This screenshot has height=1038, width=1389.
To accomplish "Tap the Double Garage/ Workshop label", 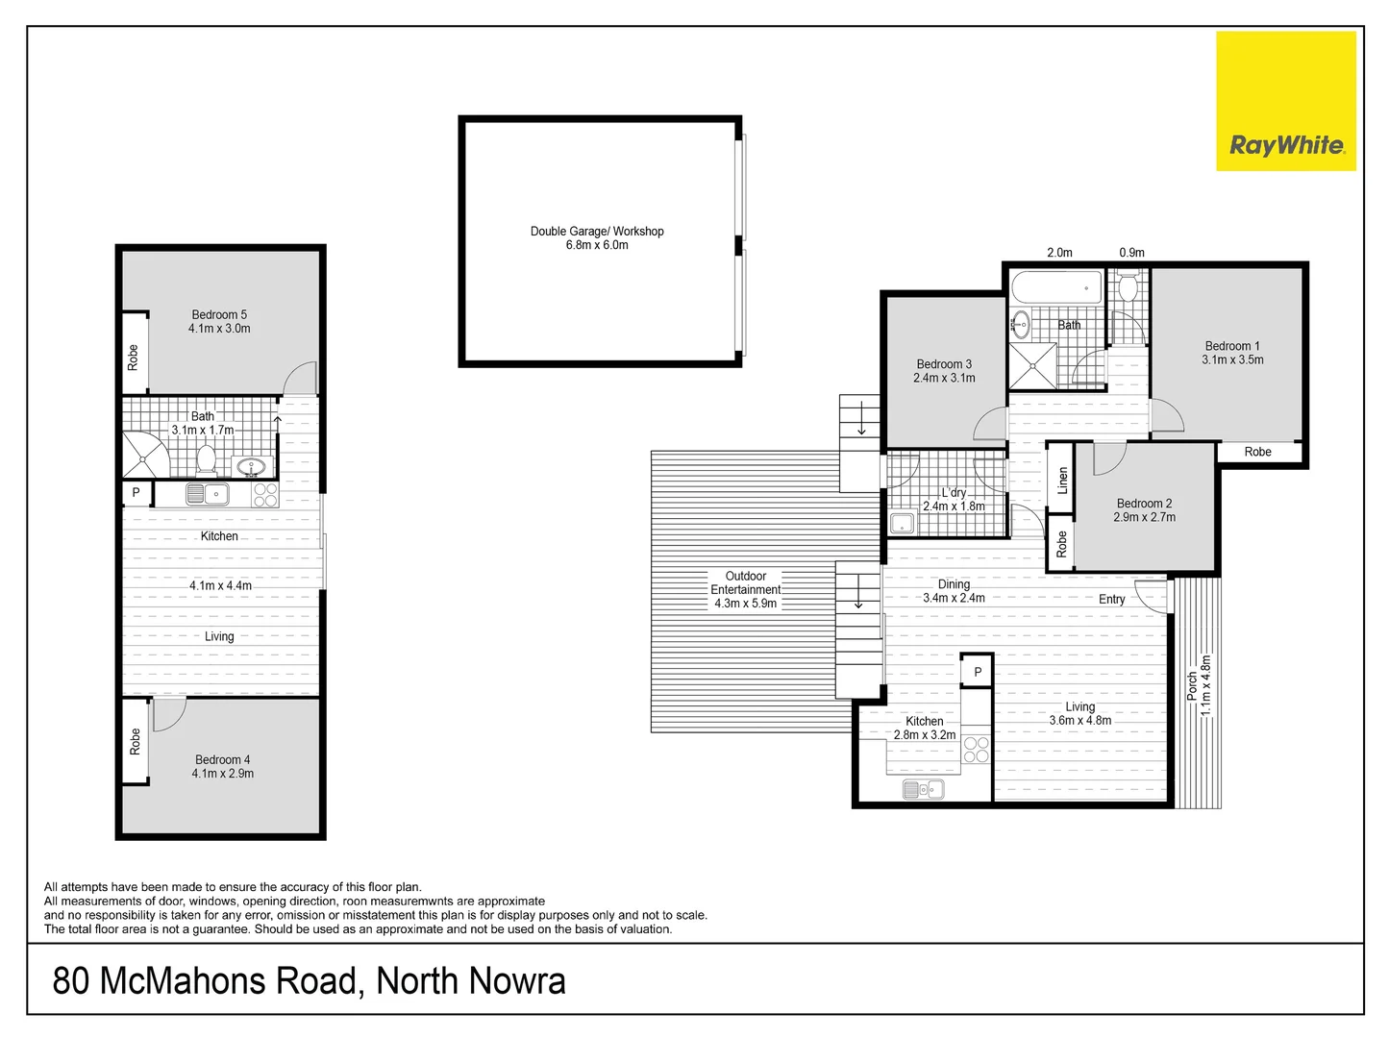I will (x=597, y=231).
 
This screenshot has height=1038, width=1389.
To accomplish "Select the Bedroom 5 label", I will (x=219, y=314).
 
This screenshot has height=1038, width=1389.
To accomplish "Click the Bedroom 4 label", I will (x=222, y=759).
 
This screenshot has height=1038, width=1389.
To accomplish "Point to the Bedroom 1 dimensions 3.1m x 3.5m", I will (x=1232, y=360).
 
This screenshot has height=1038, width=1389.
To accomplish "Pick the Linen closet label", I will (x=1062, y=480).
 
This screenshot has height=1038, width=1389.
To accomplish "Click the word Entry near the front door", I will (x=1111, y=600).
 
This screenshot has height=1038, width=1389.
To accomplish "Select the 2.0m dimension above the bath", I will (x=1059, y=253).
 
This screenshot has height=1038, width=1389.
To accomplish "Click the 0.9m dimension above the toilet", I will (x=1131, y=253).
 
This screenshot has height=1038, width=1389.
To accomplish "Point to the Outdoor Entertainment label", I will (x=746, y=583).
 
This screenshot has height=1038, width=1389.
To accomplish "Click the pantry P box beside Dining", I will (x=978, y=672).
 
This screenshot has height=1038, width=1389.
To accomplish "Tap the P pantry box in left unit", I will (x=136, y=493).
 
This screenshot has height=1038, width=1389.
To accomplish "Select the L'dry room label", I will (x=954, y=492).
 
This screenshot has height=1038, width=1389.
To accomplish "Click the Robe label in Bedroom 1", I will (x=1257, y=452).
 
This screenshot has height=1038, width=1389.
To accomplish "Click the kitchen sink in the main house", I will (x=923, y=789).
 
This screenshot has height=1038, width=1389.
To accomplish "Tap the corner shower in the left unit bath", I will (x=144, y=456).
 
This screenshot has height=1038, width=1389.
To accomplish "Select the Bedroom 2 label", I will (x=1144, y=504).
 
